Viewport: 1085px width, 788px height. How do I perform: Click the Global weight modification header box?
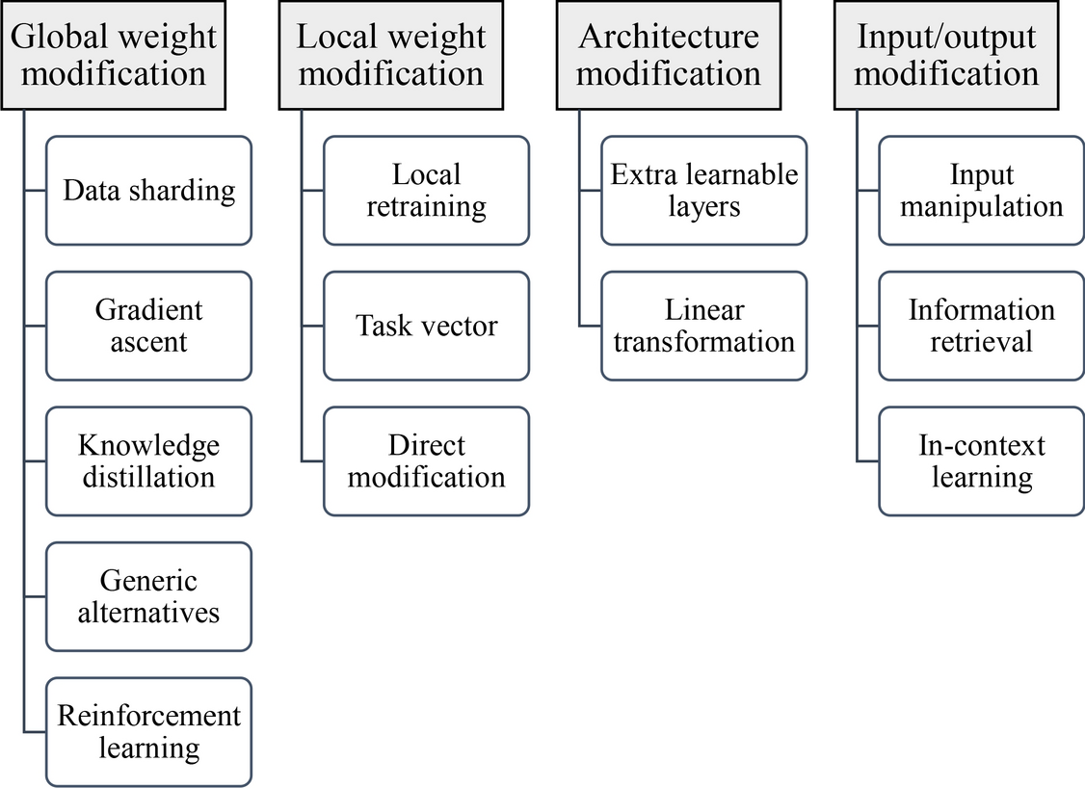click(x=114, y=55)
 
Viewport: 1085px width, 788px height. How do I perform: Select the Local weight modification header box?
click(x=390, y=55)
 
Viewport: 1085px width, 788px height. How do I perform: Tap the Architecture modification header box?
click(x=668, y=55)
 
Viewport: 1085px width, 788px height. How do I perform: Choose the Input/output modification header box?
click(x=945, y=55)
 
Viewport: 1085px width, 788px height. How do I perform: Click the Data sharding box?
click(x=148, y=191)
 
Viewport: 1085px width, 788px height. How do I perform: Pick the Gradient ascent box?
click(x=148, y=326)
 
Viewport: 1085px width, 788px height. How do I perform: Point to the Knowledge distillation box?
click(x=148, y=461)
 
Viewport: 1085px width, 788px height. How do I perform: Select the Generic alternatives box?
click(x=148, y=596)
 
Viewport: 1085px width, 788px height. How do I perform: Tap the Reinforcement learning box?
click(x=148, y=732)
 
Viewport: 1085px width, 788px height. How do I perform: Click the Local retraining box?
click(x=426, y=191)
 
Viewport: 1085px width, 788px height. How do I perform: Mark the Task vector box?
click(x=426, y=326)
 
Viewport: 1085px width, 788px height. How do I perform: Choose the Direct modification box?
click(x=426, y=461)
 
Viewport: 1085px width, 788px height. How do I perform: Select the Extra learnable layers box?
click(x=703, y=191)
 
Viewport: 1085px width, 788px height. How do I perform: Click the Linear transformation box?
click(x=703, y=326)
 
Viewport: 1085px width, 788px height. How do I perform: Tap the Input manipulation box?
click(x=981, y=191)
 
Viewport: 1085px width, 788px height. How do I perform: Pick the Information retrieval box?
click(x=981, y=326)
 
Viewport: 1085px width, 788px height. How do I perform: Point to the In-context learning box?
click(x=981, y=461)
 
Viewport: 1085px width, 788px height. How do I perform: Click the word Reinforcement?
click(x=148, y=716)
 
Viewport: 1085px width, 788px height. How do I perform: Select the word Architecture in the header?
click(x=668, y=38)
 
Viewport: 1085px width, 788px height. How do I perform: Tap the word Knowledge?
click(x=148, y=445)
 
